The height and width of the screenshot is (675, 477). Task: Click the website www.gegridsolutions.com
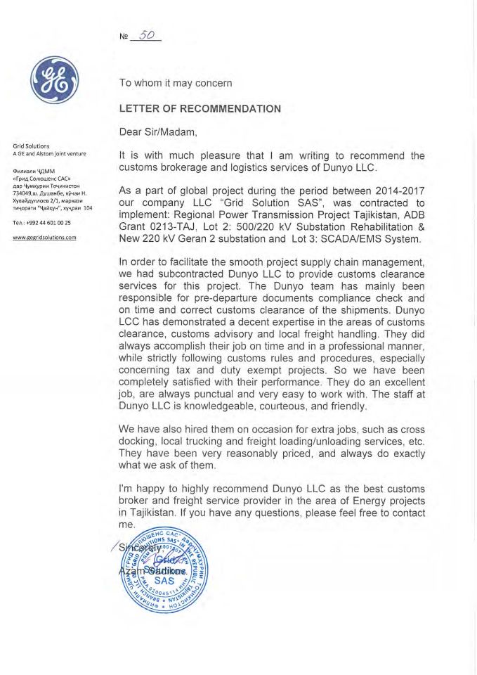click(45, 238)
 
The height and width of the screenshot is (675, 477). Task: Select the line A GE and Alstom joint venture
click(49, 154)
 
